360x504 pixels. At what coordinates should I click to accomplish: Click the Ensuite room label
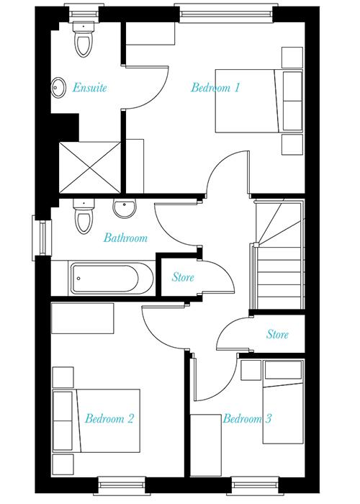pos(89,87)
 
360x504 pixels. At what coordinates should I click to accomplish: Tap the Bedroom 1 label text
pos(215,87)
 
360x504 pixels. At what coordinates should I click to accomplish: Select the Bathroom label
pos(125,238)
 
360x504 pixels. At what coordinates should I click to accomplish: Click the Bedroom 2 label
pos(109,418)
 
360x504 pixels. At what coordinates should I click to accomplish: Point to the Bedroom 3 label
pos(247,418)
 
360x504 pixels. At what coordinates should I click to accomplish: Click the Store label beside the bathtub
pos(183,277)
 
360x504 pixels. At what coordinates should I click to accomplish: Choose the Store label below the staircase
pos(277,334)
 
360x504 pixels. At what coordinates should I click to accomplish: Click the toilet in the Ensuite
pos(84,39)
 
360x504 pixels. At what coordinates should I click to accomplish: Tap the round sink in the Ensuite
pos(58,87)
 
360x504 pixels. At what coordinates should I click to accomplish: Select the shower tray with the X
pos(90,168)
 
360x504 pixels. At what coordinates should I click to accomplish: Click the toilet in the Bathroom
pos(84,216)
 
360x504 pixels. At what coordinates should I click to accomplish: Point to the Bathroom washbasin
pos(125,208)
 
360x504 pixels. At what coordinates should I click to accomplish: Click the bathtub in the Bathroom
pos(112,279)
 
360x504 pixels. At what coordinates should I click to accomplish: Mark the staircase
pos(279,254)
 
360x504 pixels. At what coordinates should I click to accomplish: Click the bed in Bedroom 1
pos(259,101)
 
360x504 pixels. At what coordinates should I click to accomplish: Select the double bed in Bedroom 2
pos(96,420)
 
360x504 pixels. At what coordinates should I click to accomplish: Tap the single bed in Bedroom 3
pos(283,402)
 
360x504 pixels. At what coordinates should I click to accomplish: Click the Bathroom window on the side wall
pos(42,238)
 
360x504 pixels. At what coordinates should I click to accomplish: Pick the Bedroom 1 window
pos(226,14)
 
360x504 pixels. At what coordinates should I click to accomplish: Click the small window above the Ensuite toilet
pos(84,14)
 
